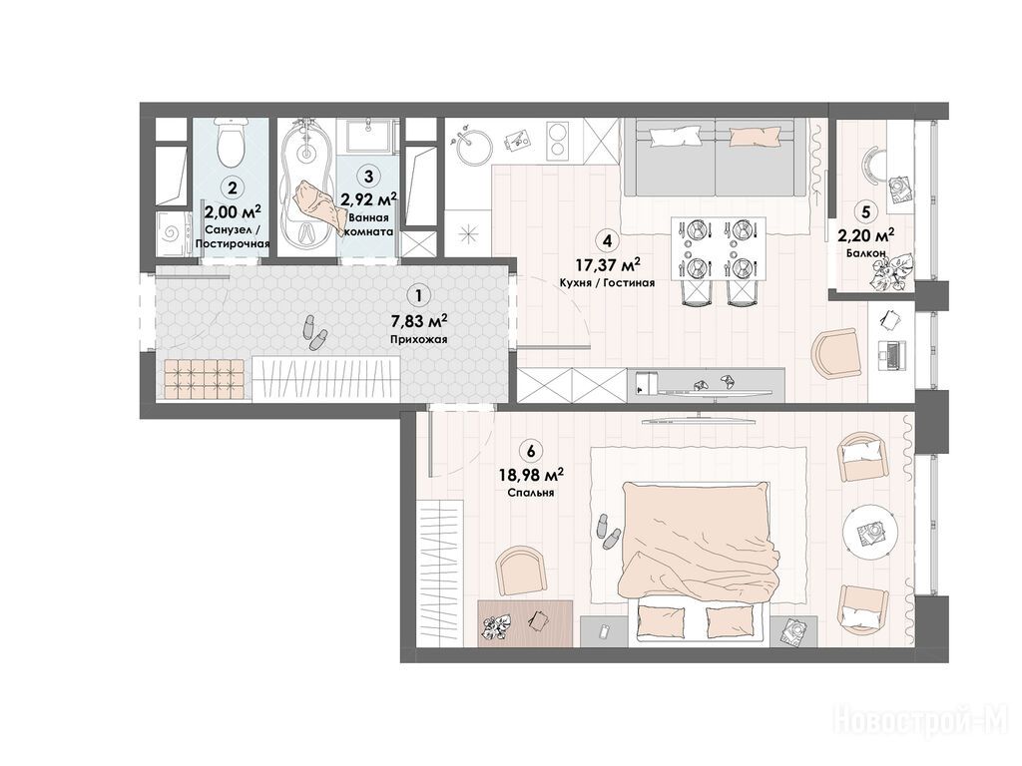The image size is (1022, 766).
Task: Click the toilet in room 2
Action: click(x=231, y=142)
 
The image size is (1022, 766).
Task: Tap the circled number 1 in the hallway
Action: click(x=418, y=295)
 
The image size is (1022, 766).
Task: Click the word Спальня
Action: click(x=531, y=493)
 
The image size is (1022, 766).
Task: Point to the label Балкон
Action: click(x=865, y=252)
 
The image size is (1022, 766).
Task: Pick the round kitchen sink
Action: click(x=474, y=147)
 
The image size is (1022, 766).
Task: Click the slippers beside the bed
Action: click(x=608, y=532)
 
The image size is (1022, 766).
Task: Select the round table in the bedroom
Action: click(x=869, y=532)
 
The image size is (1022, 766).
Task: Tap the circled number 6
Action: click(x=531, y=450)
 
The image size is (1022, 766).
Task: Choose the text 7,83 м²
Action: click(x=418, y=321)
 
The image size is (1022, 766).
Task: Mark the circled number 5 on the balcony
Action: click(x=865, y=211)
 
